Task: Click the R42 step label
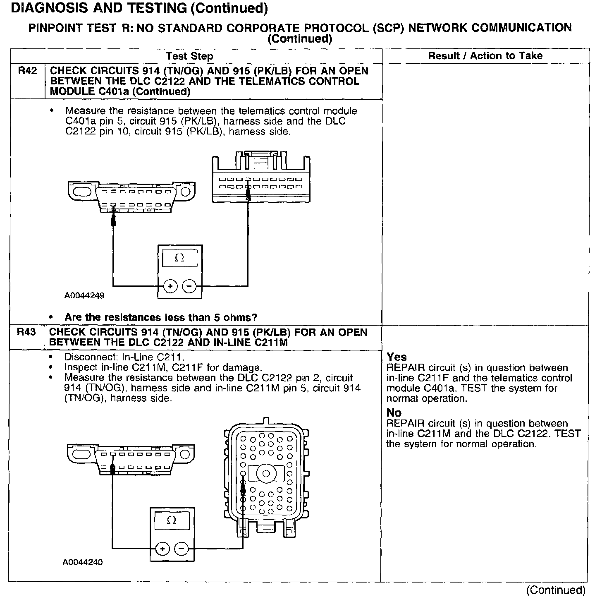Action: [x=27, y=71]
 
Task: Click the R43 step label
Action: [x=26, y=332]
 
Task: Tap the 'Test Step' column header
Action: [x=190, y=56]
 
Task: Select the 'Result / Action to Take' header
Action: [x=485, y=56]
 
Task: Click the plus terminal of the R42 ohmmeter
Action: [x=170, y=285]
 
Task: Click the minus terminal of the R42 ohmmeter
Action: [x=189, y=285]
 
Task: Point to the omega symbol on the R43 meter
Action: [x=171, y=520]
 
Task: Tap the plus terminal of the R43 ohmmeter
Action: [x=162, y=549]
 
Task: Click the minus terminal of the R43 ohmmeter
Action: [x=181, y=549]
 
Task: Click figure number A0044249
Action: [x=84, y=296]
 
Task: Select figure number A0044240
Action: [x=83, y=562]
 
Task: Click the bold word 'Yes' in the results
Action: [x=397, y=357]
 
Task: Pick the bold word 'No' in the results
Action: [x=394, y=412]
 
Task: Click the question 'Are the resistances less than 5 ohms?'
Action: [x=161, y=317]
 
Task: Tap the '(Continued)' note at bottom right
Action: [x=556, y=590]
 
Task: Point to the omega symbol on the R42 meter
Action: [x=179, y=258]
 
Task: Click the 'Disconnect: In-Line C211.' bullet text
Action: [x=124, y=357]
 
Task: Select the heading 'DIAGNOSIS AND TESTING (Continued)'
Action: [x=139, y=8]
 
